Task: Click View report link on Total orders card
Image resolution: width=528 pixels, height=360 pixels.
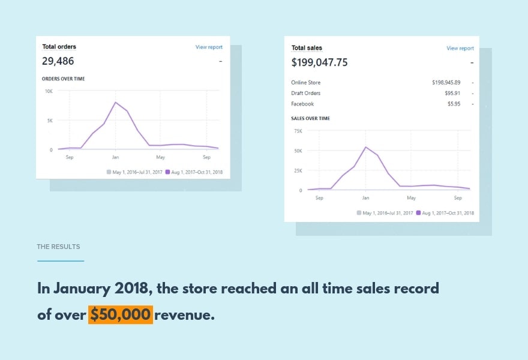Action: (209, 47)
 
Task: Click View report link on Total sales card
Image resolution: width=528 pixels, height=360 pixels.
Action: (460, 48)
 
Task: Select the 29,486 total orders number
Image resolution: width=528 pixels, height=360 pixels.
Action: (58, 61)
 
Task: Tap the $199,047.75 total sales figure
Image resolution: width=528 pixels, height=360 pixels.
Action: (319, 62)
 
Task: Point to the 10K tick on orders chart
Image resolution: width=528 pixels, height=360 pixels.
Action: (49, 91)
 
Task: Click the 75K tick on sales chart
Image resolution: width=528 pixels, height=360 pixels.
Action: (298, 130)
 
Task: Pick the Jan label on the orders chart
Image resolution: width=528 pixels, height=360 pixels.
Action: (116, 157)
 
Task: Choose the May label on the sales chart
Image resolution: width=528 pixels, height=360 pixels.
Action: (412, 197)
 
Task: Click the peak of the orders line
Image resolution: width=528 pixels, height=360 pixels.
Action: (116, 102)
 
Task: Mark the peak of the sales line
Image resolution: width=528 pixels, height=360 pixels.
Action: (365, 147)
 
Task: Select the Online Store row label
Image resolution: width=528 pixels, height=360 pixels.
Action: (306, 82)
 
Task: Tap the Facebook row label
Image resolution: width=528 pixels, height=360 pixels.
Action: (302, 104)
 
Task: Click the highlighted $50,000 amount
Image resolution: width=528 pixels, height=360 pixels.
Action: (121, 314)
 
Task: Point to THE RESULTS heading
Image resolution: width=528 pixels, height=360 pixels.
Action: (58, 247)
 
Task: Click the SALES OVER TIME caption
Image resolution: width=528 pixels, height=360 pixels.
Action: (310, 118)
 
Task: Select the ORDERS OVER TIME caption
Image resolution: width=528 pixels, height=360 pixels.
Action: (63, 79)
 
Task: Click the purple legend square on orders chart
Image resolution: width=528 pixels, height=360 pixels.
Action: (168, 172)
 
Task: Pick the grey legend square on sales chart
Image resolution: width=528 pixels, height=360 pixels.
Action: (359, 212)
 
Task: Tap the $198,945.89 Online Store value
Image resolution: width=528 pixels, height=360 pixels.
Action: (446, 82)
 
